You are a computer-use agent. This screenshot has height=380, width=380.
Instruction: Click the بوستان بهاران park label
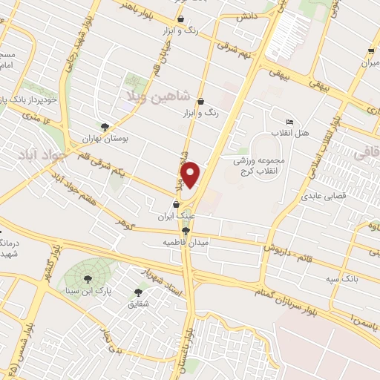(x=105, y=138)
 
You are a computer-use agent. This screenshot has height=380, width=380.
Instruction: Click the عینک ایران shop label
(x=176, y=217)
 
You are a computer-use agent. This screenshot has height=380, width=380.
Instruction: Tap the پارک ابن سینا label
(x=88, y=290)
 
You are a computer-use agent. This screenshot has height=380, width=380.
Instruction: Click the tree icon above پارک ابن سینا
(x=88, y=278)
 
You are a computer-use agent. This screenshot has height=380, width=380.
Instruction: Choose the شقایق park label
(x=138, y=304)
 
